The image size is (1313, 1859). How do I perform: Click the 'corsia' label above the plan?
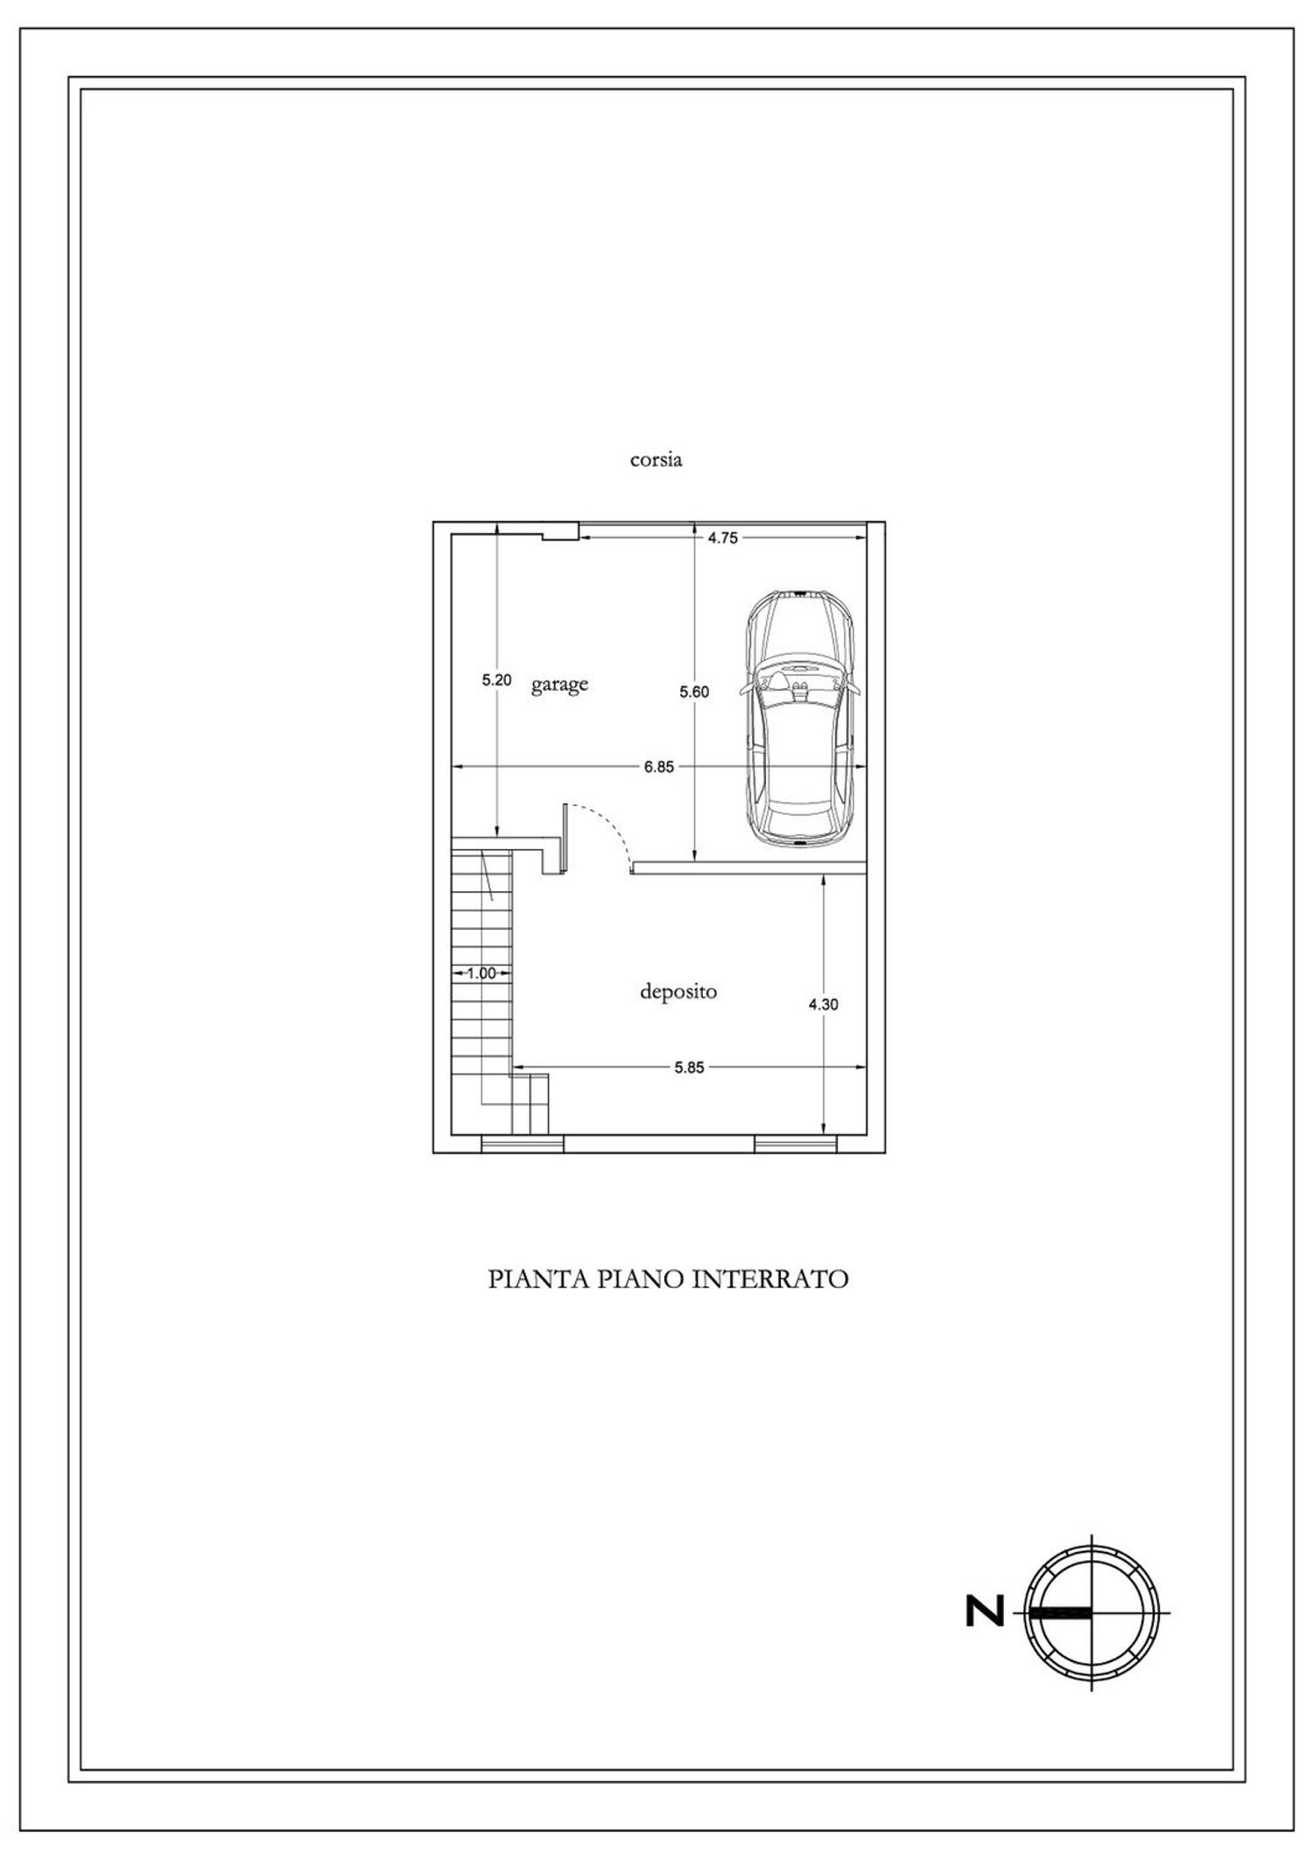pyautogui.click(x=656, y=459)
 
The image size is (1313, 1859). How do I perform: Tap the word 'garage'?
pyautogui.click(x=559, y=684)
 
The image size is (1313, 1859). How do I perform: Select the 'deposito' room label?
pyautogui.click(x=678, y=991)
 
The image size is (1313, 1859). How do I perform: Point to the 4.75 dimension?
pyautogui.click(x=722, y=539)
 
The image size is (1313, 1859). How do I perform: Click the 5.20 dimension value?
pyautogui.click(x=496, y=679)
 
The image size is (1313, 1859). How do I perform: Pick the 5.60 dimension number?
pyautogui.click(x=694, y=692)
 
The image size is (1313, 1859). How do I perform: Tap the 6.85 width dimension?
pyautogui.click(x=659, y=767)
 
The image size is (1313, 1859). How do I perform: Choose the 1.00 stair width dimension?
pyautogui.click(x=481, y=972)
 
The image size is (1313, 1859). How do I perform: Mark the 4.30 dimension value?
pyautogui.click(x=823, y=1004)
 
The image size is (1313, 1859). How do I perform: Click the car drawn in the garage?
pyautogui.click(x=800, y=718)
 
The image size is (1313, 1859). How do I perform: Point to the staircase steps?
pyautogui.click(x=481, y=1007)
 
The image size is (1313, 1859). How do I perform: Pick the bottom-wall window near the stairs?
pyautogui.click(x=523, y=1144)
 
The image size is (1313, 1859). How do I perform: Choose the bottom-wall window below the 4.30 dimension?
pyautogui.click(x=795, y=1144)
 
